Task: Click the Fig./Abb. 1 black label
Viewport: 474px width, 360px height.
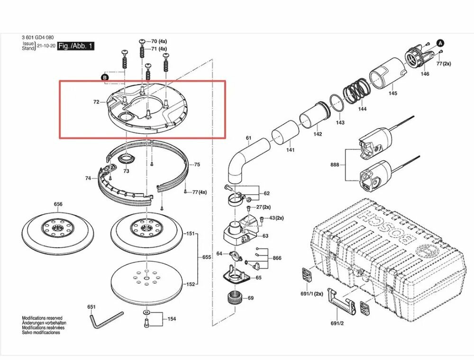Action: (x=76, y=46)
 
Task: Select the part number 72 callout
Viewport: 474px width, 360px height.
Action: (x=96, y=102)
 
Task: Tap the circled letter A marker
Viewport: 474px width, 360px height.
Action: (x=440, y=43)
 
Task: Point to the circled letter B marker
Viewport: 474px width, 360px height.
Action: (x=105, y=78)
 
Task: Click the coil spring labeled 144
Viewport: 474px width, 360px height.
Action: (x=356, y=92)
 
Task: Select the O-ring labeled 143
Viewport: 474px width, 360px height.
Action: (x=337, y=103)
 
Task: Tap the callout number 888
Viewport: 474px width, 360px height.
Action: (x=335, y=165)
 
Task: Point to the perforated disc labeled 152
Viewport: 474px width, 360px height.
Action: (x=146, y=280)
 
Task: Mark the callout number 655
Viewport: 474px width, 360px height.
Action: (x=207, y=257)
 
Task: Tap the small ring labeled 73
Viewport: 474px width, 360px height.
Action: (x=126, y=158)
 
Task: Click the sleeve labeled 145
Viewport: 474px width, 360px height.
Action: (x=388, y=73)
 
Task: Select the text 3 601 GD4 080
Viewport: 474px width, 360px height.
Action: (x=38, y=37)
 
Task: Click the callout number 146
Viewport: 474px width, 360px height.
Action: (x=425, y=74)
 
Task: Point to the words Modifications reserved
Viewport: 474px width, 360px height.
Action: (x=42, y=318)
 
